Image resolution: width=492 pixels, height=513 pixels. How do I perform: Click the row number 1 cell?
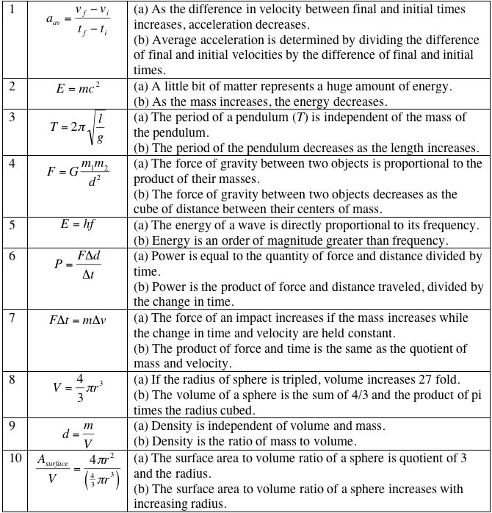[x=11, y=10]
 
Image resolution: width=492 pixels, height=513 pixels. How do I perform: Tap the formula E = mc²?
[x=78, y=87]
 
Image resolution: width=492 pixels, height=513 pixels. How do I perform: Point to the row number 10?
[x=14, y=459]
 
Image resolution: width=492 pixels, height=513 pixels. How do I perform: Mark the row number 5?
[x=11, y=225]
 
